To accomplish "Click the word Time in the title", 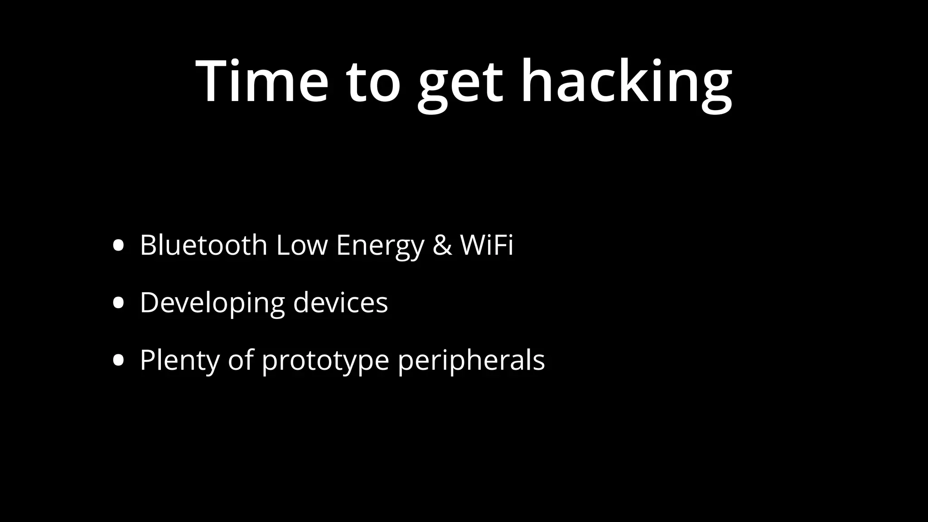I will click(x=262, y=82).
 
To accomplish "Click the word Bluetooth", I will click(x=203, y=245).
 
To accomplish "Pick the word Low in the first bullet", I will click(x=301, y=245).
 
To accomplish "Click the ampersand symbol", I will click(x=442, y=245).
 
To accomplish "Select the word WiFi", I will click(x=487, y=245).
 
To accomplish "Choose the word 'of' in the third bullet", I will click(x=240, y=360).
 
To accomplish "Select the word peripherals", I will click(x=471, y=361).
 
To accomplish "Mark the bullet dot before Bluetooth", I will click(x=118, y=246).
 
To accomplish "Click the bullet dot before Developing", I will click(x=118, y=303).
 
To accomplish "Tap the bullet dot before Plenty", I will click(x=118, y=360).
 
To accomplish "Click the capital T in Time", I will click(x=213, y=82).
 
